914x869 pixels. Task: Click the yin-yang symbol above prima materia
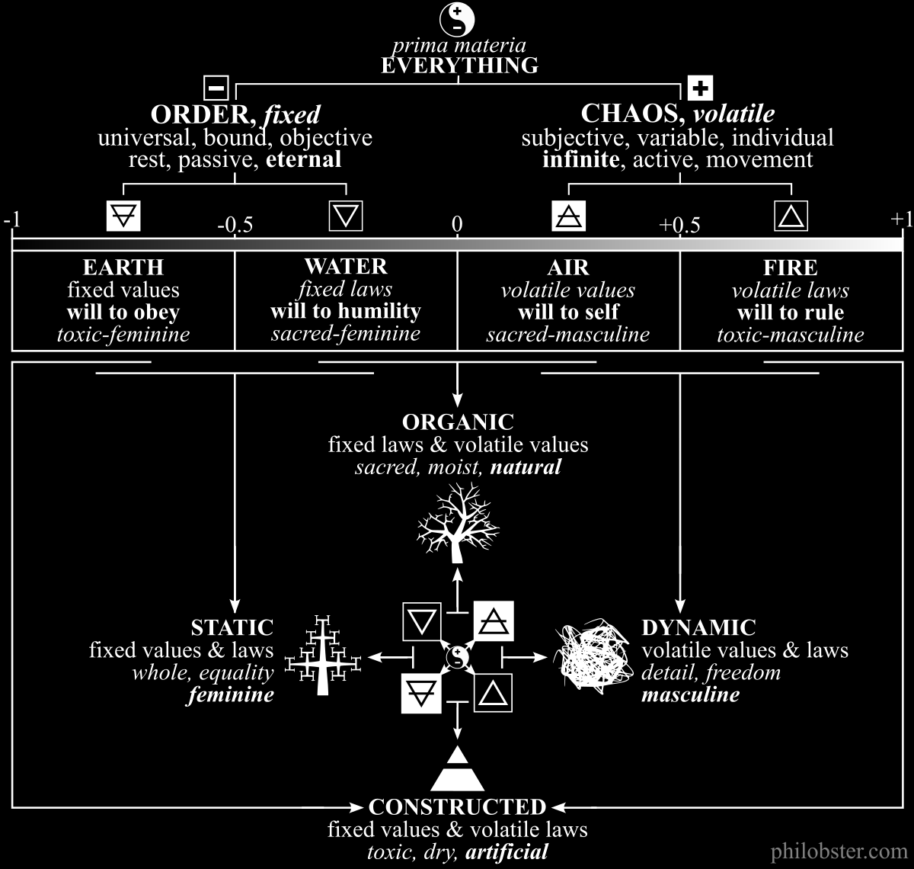(458, 19)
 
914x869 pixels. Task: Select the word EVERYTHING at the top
(459, 66)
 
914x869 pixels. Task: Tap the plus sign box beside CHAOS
(699, 88)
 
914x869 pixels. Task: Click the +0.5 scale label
(679, 226)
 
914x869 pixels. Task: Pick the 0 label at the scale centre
(457, 223)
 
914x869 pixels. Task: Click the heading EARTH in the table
(123, 268)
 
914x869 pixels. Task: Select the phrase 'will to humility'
(345, 311)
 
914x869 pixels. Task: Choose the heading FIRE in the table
(791, 268)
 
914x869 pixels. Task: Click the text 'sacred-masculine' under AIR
(568, 334)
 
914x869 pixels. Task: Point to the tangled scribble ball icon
(592, 655)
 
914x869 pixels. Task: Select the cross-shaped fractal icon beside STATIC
(322, 655)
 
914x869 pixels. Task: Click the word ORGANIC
(458, 422)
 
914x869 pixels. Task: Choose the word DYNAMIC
(698, 627)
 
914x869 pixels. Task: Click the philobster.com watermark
(838, 851)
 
